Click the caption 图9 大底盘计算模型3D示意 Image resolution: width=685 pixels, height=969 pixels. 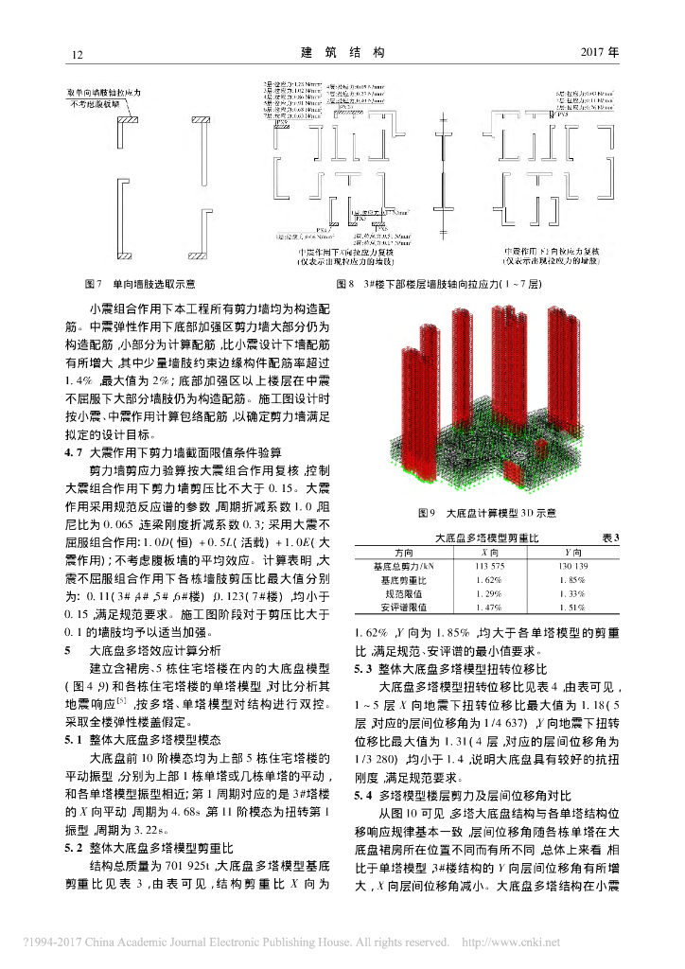pos(486,513)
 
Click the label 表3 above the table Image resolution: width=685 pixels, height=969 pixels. pos(609,537)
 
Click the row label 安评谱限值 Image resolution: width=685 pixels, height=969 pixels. pos(404,607)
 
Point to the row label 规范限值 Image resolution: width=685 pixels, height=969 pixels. pos(404,592)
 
